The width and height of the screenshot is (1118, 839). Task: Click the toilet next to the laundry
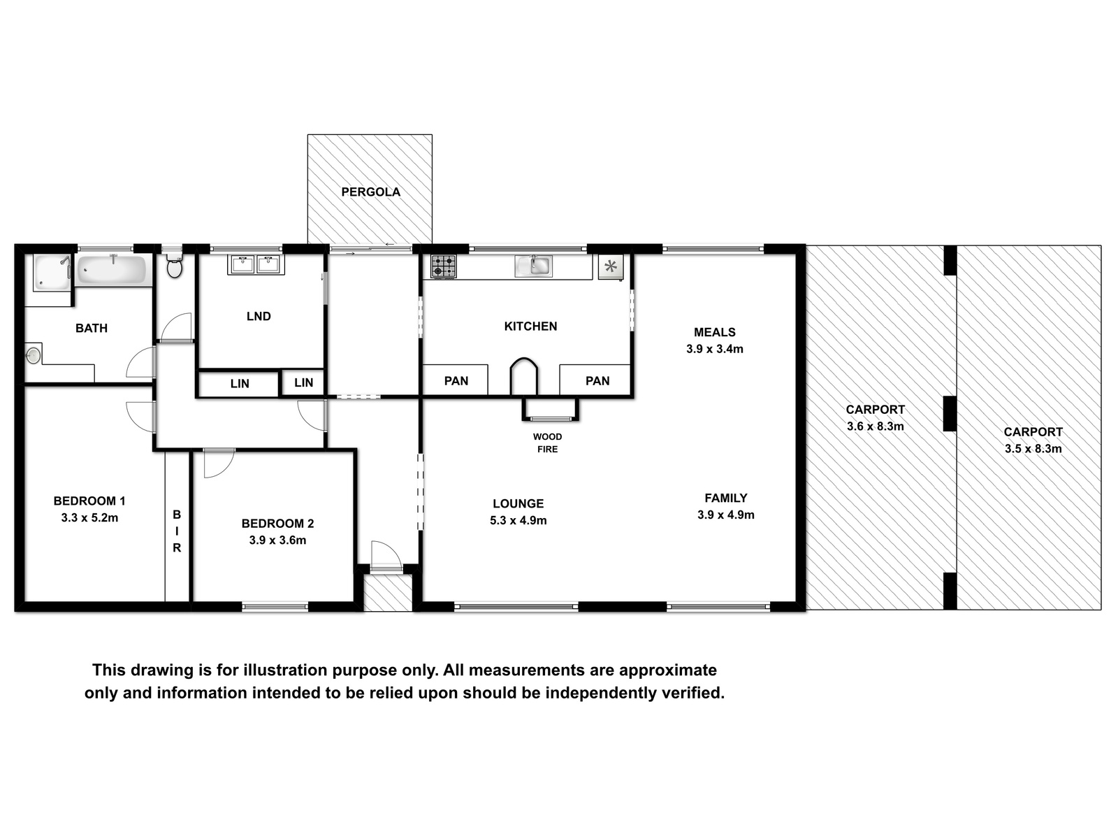point(174,265)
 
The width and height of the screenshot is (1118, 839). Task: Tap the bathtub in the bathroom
point(112,269)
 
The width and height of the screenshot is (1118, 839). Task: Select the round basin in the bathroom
point(33,355)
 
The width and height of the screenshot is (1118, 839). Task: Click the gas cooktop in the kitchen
point(444,266)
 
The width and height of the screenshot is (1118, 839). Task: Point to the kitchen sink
point(533,266)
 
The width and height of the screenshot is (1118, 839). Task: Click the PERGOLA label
point(371,192)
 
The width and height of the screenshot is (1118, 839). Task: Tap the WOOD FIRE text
point(548,443)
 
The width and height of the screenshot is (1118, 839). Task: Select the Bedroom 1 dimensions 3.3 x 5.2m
point(89,518)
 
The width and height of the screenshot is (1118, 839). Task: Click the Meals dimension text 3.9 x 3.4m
point(715,349)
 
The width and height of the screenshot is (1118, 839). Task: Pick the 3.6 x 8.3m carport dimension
point(875,426)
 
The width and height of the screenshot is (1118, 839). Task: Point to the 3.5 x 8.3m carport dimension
point(1033,449)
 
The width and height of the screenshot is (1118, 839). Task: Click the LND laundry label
point(259,316)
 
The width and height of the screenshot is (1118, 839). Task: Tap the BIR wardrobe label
point(177,531)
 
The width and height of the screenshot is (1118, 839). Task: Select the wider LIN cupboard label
point(240,384)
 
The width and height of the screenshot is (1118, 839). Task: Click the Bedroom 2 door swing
point(219,464)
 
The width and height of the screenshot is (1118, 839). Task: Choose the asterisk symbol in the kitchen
point(610,266)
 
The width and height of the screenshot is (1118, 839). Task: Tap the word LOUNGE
point(518,504)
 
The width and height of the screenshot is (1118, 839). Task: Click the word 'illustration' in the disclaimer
point(285,670)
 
